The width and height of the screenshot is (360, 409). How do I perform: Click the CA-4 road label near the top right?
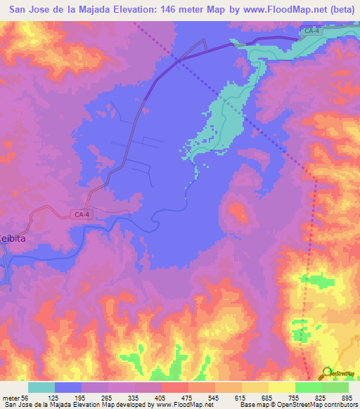click(x=312, y=30)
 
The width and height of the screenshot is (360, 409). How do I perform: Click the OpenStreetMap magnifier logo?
click(x=328, y=373)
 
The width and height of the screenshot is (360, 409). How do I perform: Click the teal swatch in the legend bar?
click(x=41, y=387)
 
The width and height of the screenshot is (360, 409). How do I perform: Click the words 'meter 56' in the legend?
click(x=17, y=398)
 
